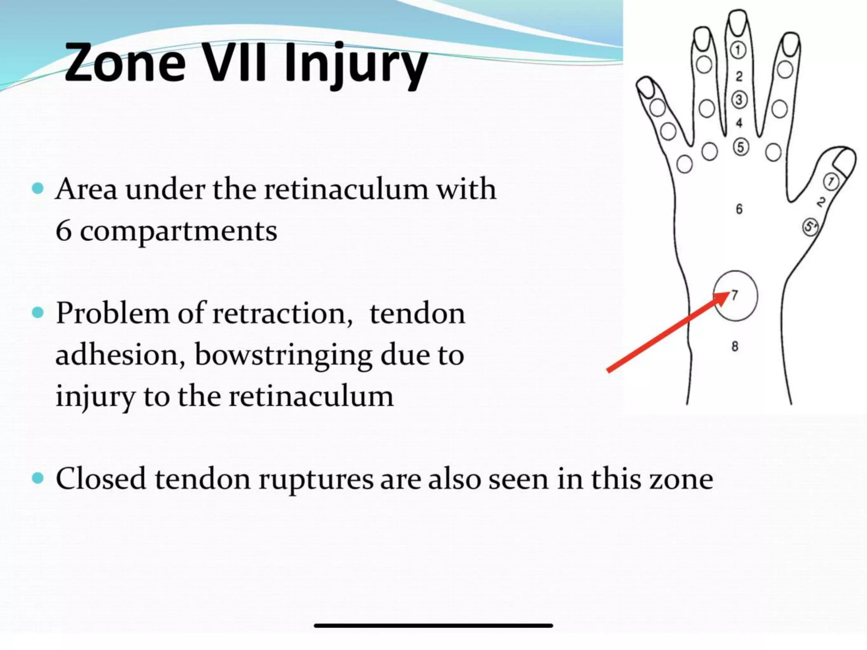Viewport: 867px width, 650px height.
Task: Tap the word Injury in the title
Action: tap(356, 63)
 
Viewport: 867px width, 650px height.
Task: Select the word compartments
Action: tap(178, 232)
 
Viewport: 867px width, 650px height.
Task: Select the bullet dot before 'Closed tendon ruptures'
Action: tap(38, 478)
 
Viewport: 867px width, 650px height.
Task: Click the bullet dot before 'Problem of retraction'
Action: tap(38, 313)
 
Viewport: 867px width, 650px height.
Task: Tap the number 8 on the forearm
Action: tap(735, 346)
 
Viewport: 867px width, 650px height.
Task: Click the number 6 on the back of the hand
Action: tap(739, 209)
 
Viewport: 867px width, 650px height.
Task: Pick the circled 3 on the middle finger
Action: tap(739, 100)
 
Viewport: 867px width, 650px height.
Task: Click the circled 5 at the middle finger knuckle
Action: tap(740, 147)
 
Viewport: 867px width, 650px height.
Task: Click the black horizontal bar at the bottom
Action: tap(433, 625)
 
